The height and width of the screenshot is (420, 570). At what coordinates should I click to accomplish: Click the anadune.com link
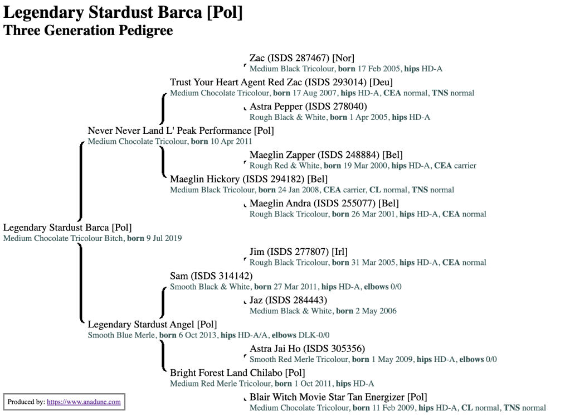coord(84,402)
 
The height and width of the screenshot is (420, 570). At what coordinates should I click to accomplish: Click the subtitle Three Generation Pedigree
coord(88,30)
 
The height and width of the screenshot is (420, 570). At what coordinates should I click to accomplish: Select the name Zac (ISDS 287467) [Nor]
coord(301,58)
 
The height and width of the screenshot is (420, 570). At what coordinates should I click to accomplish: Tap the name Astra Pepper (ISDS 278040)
coord(308,107)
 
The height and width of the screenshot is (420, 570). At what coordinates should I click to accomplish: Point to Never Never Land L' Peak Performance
coord(181,131)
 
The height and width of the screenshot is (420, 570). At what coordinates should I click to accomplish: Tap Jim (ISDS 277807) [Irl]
coord(298,252)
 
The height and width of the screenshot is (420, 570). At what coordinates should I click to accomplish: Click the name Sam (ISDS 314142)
coord(211,276)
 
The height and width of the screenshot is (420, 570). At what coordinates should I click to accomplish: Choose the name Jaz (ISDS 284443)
coord(288,301)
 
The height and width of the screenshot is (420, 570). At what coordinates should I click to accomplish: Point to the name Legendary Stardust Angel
coord(152,325)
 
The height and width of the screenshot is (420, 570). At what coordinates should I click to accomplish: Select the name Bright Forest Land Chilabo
coord(237,373)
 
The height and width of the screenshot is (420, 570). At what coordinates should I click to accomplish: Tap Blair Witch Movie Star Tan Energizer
coord(338,398)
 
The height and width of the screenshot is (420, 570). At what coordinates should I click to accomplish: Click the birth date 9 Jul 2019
coord(164,238)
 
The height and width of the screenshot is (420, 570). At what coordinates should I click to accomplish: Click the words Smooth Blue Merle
coord(121,335)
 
